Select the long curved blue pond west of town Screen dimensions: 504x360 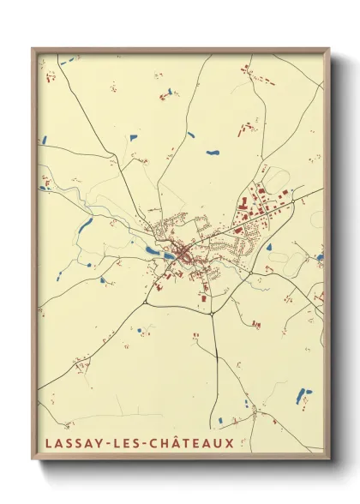click(x=85, y=225)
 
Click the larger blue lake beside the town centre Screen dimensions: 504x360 click(x=152, y=251)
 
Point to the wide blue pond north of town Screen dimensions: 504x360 click(x=212, y=153)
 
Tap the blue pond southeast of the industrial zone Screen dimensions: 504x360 click(x=268, y=248)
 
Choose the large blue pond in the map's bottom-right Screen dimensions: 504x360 click(x=299, y=395)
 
